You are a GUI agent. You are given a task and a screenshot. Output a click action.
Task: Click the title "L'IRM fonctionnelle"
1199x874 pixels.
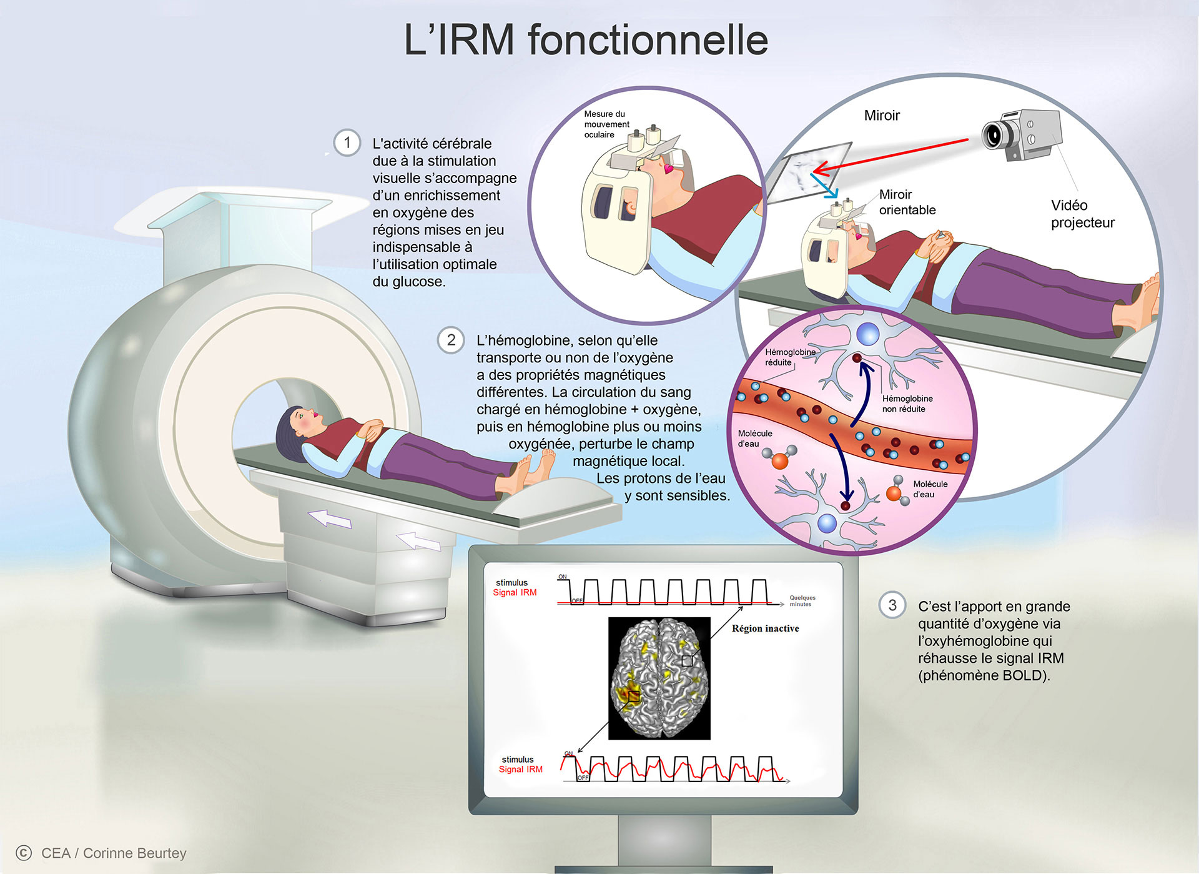586,40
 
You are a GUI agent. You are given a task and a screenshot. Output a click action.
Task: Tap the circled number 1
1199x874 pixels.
347,142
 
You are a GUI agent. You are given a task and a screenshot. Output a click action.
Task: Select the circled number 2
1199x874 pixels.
451,340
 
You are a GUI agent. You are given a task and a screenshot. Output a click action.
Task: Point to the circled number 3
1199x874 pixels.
892,605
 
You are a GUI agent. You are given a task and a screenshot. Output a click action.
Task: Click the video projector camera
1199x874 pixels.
1022,135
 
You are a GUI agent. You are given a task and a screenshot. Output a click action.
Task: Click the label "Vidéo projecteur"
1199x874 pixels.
1082,214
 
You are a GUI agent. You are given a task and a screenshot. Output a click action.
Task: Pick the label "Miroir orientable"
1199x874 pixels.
907,202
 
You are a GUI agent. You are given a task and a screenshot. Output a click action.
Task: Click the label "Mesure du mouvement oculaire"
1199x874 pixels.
606,124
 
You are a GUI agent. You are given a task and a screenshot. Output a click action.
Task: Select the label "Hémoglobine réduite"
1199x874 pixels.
790,357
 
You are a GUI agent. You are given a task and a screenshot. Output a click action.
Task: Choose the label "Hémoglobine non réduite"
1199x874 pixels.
907,404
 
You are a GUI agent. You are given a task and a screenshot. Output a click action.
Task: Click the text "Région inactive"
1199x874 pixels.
766,628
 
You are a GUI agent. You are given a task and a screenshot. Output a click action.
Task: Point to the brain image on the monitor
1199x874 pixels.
659,678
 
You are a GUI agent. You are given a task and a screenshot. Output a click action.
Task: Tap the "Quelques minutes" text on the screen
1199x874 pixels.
802,601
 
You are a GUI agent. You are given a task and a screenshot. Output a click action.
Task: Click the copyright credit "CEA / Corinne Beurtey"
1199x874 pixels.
114,853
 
